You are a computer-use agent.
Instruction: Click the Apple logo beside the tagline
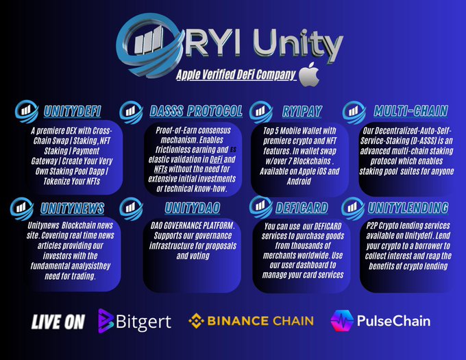[x=310, y=73]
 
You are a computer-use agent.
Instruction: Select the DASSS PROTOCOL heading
[x=195, y=111]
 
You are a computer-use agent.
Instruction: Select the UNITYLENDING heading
[x=408, y=207]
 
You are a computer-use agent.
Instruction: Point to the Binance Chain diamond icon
[x=197, y=321]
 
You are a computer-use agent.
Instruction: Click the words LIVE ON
[x=58, y=322]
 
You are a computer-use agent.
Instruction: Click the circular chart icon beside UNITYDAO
[x=131, y=206]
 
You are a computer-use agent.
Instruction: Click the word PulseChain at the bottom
[x=393, y=320]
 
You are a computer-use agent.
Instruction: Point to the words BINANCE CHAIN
[x=261, y=321]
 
